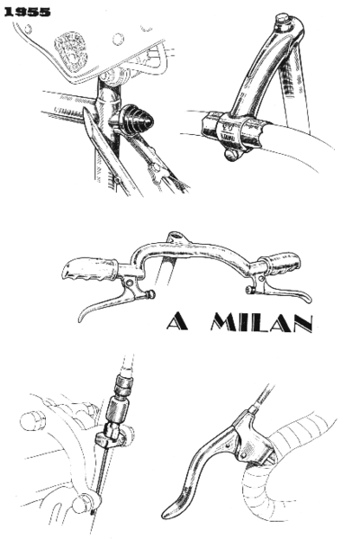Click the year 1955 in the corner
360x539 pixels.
pos(26,13)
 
